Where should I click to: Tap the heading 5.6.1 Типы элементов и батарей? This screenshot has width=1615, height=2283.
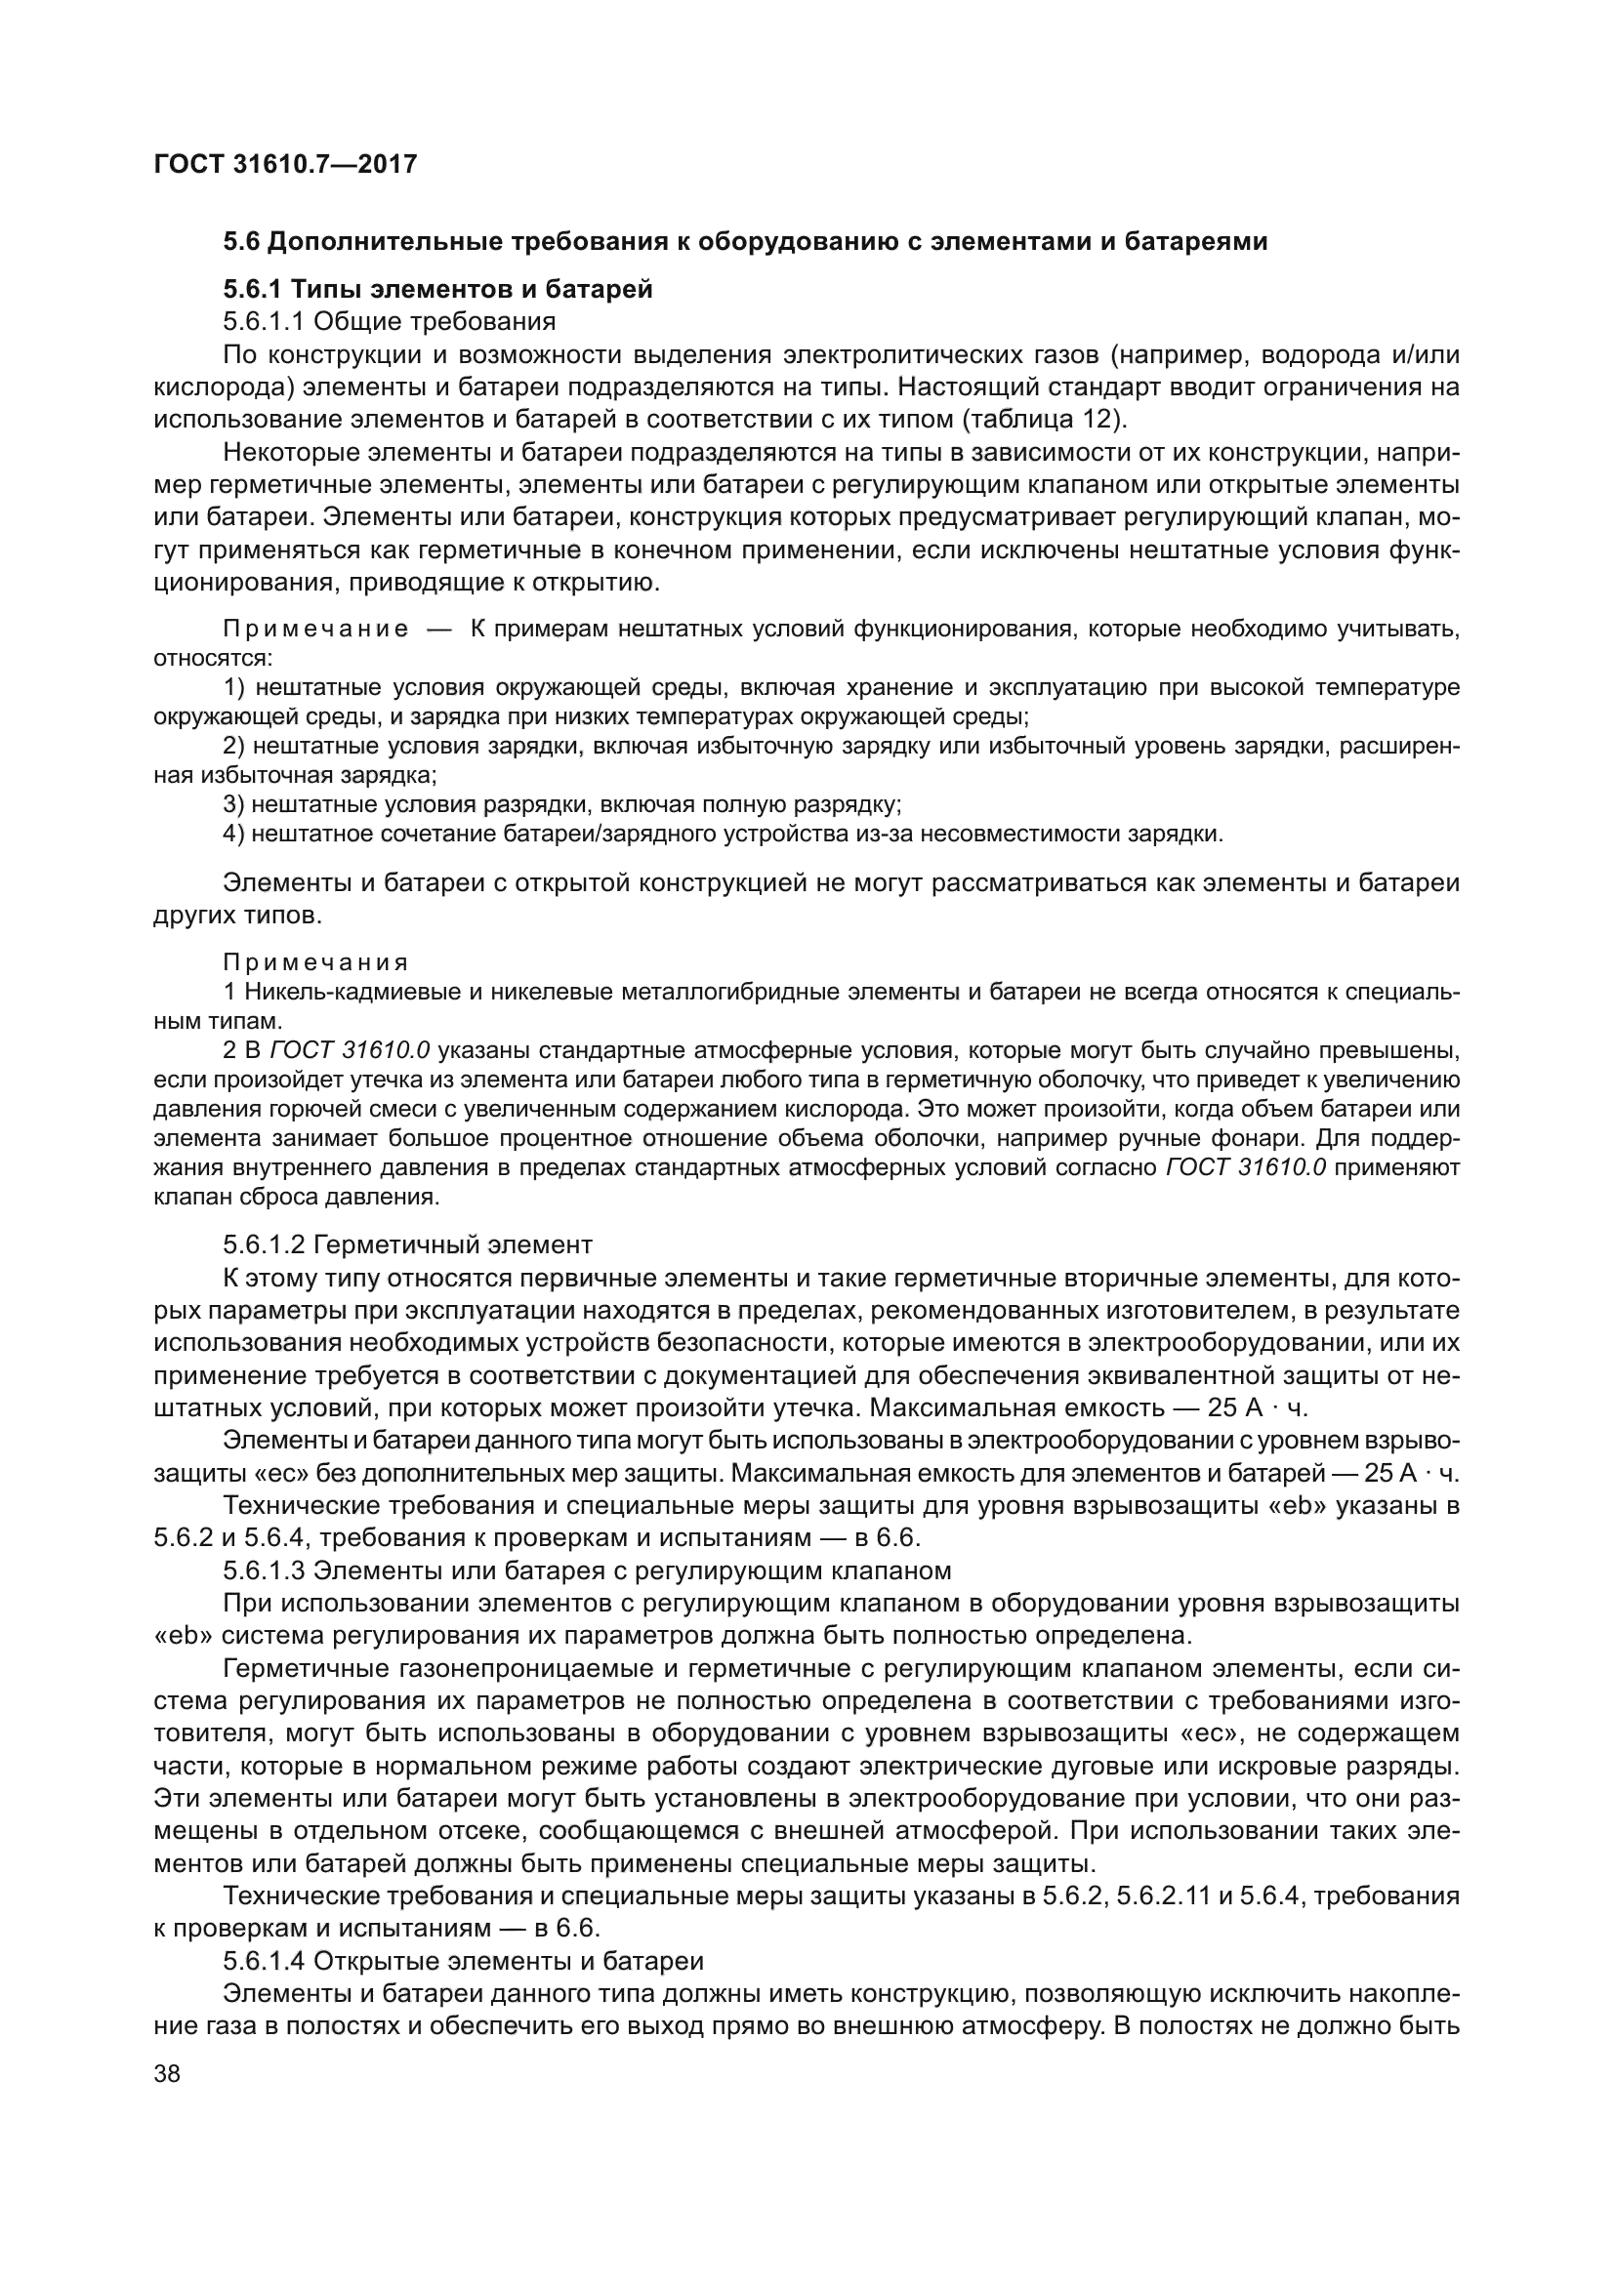[437, 290]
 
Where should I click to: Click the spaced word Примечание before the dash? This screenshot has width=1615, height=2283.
[315, 630]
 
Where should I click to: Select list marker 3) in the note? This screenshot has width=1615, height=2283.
[233, 804]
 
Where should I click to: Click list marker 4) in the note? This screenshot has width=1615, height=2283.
[233, 834]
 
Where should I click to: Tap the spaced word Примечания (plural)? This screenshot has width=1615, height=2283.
[315, 962]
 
